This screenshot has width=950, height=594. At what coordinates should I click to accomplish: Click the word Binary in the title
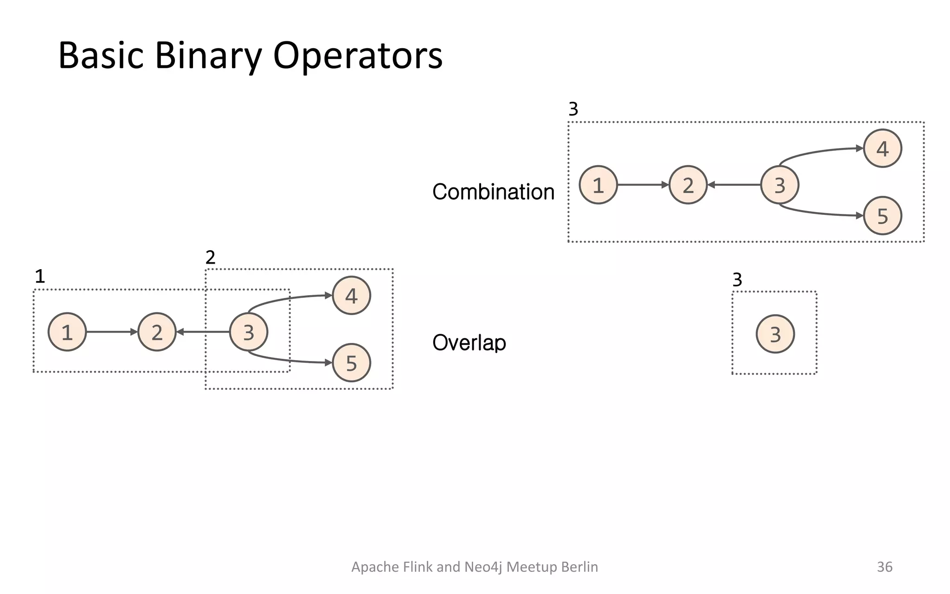[x=208, y=56]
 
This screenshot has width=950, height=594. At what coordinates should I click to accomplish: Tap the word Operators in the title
[x=358, y=56]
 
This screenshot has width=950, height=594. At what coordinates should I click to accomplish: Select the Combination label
[x=493, y=192]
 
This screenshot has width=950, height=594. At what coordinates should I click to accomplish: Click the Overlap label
[x=469, y=342]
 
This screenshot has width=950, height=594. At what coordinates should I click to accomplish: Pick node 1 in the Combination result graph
[x=598, y=185]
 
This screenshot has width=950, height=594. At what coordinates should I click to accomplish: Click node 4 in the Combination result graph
[x=882, y=148]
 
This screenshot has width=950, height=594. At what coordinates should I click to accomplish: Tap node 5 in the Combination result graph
[x=882, y=216]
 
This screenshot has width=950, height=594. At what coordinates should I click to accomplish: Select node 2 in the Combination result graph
[x=688, y=185]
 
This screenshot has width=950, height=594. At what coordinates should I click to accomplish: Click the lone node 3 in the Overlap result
[x=775, y=334]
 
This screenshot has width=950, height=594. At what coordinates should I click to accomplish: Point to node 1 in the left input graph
[x=67, y=332]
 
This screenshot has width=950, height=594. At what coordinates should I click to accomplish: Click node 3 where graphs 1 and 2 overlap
[x=249, y=332]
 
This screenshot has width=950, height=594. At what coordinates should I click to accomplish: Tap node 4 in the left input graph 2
[x=351, y=296]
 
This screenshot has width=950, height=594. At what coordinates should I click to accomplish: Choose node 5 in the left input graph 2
[x=351, y=363]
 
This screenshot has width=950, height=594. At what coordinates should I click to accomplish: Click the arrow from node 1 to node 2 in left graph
[x=111, y=332]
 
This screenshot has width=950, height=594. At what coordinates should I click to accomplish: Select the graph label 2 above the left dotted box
[x=210, y=257]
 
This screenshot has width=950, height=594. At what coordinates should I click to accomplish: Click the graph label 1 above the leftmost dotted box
[x=40, y=277]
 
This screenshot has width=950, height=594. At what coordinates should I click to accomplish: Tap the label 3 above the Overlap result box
[x=737, y=280]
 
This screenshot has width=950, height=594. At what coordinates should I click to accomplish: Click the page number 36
[x=884, y=567]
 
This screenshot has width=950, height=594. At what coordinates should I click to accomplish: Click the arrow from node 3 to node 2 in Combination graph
[x=734, y=185]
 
